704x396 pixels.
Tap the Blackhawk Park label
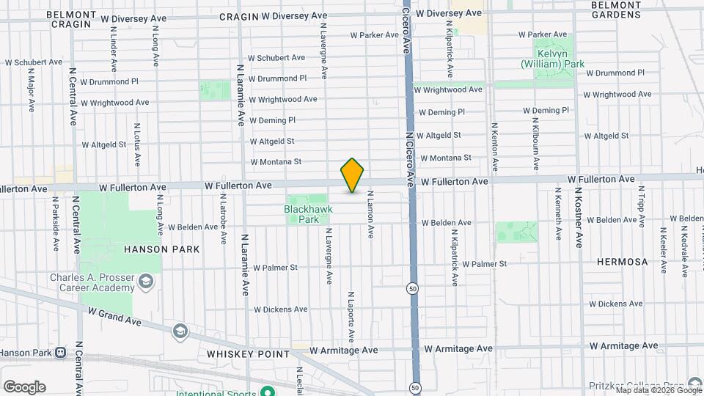(x=308, y=214)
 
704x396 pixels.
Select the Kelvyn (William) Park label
(x=552, y=59)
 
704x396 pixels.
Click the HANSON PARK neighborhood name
(x=161, y=249)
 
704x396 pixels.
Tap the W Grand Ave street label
(x=114, y=316)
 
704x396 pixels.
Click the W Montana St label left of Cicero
(x=276, y=162)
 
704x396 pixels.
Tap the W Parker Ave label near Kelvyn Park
(x=543, y=34)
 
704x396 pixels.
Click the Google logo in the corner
(x=24, y=386)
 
